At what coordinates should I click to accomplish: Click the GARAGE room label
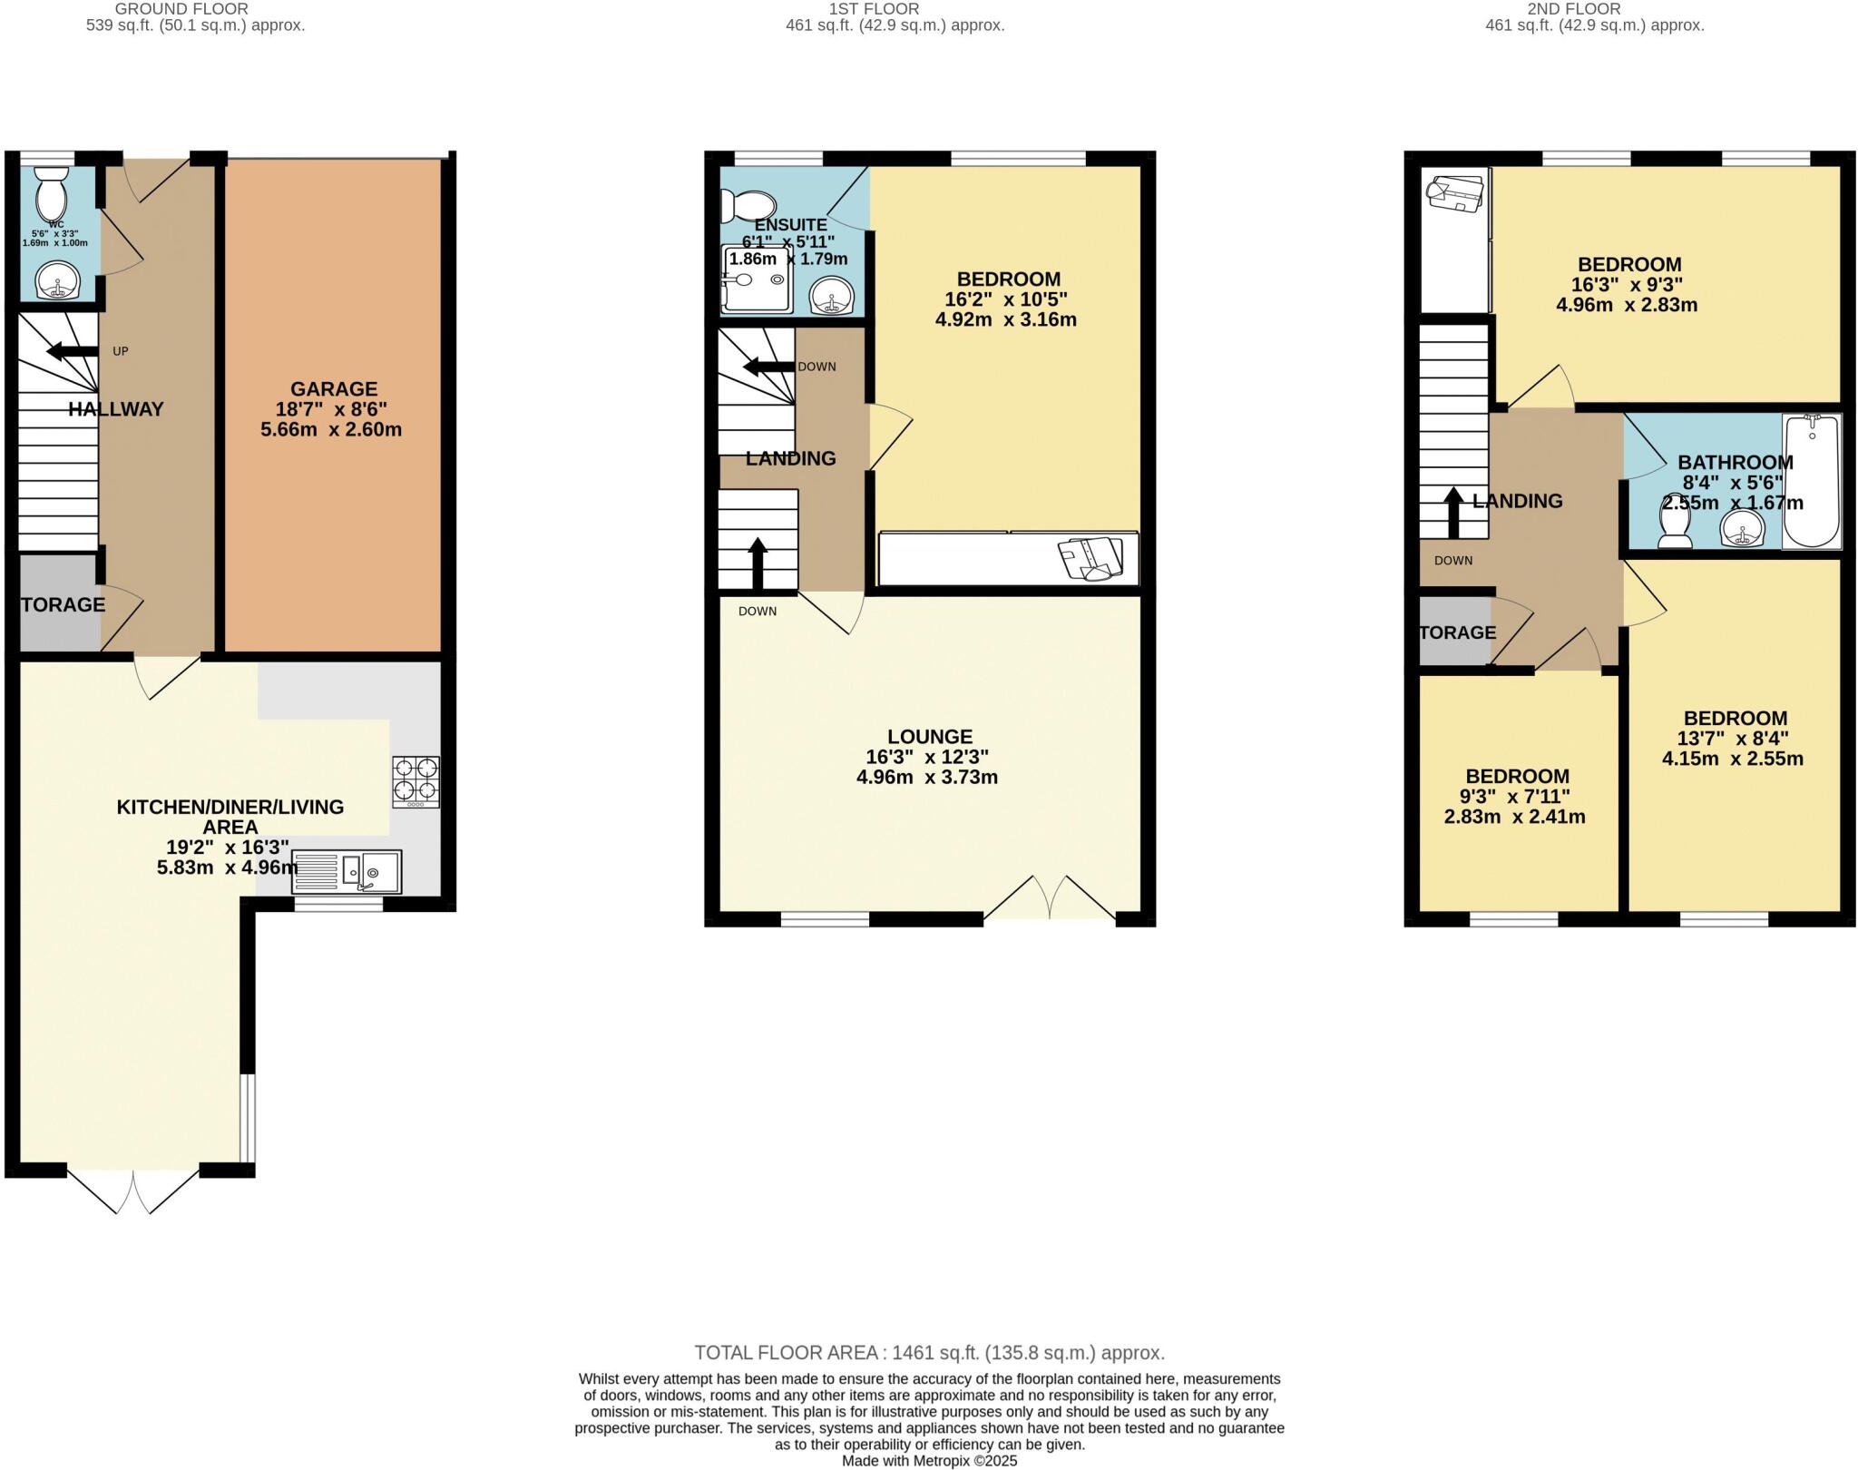(333, 389)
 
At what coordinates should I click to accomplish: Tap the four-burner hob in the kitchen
(416, 781)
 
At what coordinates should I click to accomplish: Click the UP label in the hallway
(120, 351)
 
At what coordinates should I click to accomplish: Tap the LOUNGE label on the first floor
(929, 737)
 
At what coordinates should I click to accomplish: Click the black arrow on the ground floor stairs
(73, 352)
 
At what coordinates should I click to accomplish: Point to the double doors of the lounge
(1050, 898)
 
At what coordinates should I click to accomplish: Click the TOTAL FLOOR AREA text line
(929, 1353)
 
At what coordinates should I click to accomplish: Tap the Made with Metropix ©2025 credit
(929, 1461)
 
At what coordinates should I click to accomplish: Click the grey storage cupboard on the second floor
(1454, 632)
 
